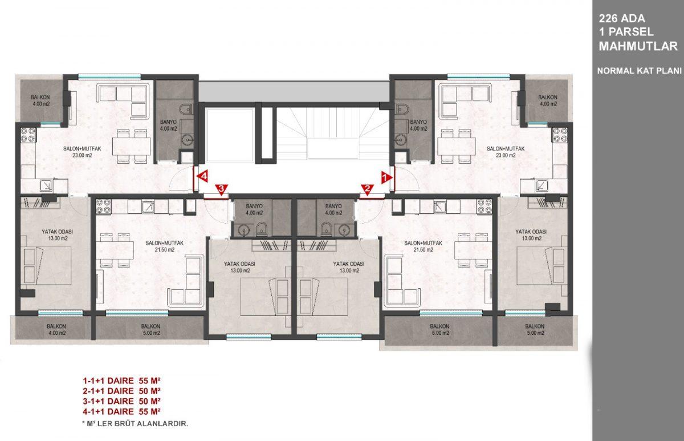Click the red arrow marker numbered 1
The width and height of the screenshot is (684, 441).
pos(386,177)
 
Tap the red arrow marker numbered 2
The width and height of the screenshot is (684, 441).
pos(367,189)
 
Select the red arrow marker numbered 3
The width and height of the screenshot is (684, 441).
pos(221,189)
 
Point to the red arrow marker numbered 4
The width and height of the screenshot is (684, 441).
pos(202,176)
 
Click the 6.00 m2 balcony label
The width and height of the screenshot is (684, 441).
pos(439,329)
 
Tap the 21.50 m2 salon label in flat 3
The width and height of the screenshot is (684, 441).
pos(165,246)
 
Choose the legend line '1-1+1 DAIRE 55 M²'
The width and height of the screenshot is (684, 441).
pos(121,381)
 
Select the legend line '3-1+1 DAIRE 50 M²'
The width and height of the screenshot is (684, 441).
pos(121,401)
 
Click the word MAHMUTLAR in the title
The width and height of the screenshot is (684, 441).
pos(638,46)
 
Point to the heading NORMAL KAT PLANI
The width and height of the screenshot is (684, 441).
pos(639,71)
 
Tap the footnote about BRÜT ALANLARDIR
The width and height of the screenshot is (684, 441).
pos(135,424)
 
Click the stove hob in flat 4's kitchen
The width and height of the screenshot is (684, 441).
pos(28,135)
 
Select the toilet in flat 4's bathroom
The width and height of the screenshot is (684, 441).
pos(186,109)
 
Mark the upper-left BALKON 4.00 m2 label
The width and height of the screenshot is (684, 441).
pos(40,100)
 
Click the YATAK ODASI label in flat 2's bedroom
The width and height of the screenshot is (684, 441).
pos(349,264)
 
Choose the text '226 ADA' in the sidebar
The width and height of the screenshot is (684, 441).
pos(622,19)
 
